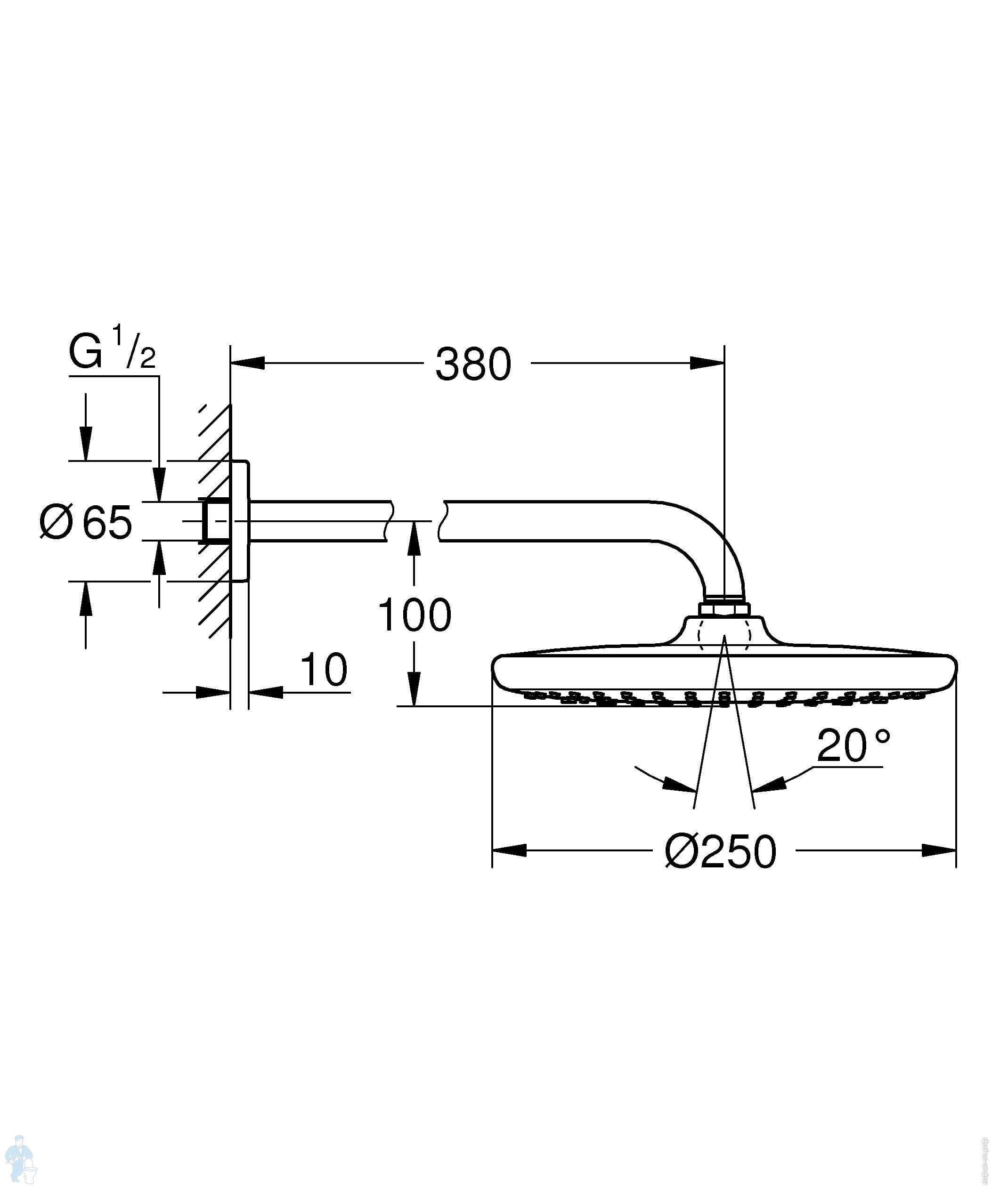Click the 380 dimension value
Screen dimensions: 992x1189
tap(473, 364)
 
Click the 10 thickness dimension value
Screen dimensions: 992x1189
tap(323, 669)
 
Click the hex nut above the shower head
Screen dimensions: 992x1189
tap(724, 609)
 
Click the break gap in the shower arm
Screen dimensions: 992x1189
tap(415, 521)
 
